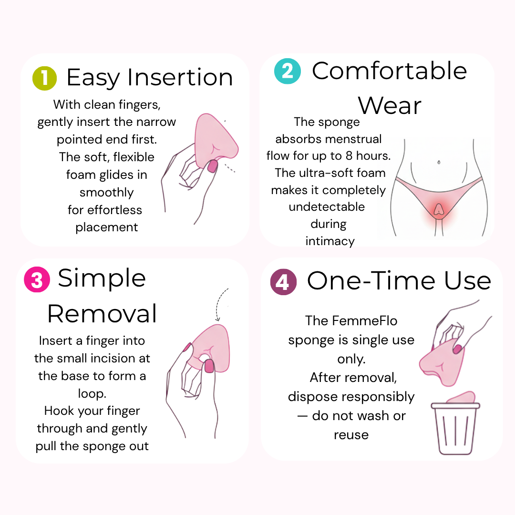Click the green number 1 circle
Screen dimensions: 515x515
tap(45, 78)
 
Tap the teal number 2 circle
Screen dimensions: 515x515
tap(288, 71)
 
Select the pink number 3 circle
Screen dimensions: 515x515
tap(37, 279)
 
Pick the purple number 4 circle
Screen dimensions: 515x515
tap(283, 282)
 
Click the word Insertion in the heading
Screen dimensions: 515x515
tap(180, 78)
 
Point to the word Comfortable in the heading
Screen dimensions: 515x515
tap(389, 71)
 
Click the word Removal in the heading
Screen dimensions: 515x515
tap(102, 313)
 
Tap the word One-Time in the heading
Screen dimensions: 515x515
tap(371, 281)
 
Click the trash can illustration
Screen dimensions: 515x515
tap(455, 428)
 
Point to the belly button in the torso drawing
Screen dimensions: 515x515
tap(439, 162)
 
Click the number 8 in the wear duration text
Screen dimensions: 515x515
tap(349, 155)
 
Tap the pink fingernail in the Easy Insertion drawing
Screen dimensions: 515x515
tap(213, 166)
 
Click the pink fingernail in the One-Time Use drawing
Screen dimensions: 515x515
tap(457, 349)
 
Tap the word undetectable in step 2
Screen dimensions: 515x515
tap(327, 206)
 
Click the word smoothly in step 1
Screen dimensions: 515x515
tap(107, 193)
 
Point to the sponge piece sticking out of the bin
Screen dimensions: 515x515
tap(462, 397)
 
